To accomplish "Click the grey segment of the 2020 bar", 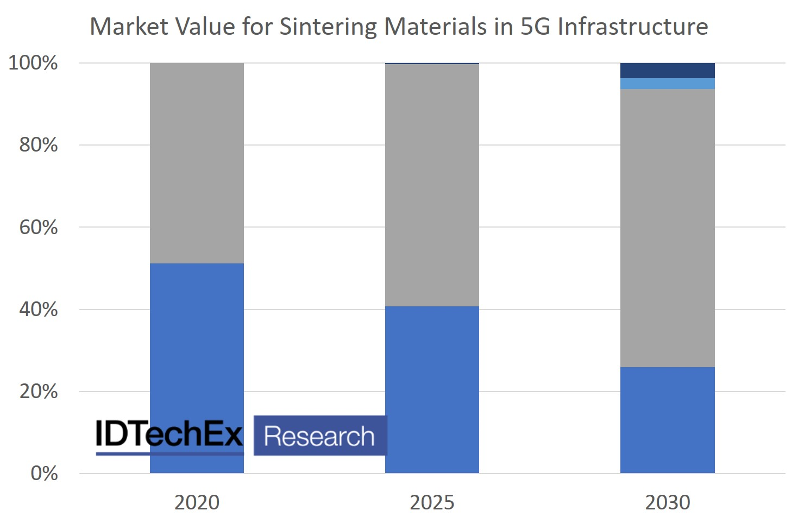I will click(197, 163).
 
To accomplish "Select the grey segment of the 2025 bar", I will click(432, 185).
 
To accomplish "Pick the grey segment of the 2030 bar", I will click(667, 228).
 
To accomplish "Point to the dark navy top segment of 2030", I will click(667, 71).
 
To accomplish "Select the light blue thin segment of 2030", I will click(667, 84).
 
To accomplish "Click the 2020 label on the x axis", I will click(197, 502).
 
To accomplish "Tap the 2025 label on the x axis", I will click(432, 502).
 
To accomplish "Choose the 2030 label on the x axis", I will click(667, 502).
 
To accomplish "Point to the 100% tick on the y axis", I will click(33, 63).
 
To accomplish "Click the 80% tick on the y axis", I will click(38, 145).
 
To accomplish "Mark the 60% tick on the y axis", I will click(38, 227).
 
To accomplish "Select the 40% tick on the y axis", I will click(38, 310).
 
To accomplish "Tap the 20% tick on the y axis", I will click(38, 392).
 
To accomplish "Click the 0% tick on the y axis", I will click(44, 474).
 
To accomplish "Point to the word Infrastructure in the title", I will click(632, 26).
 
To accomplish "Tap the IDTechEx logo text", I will click(169, 434).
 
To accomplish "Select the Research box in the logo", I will click(320, 436).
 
